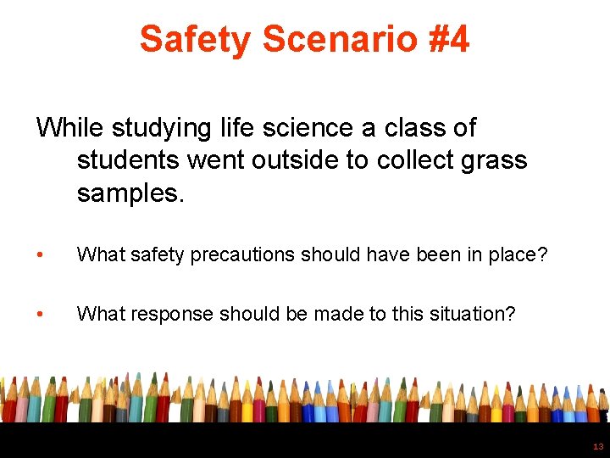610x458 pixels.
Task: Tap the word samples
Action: (x=130, y=193)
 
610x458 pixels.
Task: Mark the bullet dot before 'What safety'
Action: (x=39, y=255)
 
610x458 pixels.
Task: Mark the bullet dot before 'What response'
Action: (x=39, y=315)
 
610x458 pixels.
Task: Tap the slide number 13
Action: (x=598, y=446)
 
